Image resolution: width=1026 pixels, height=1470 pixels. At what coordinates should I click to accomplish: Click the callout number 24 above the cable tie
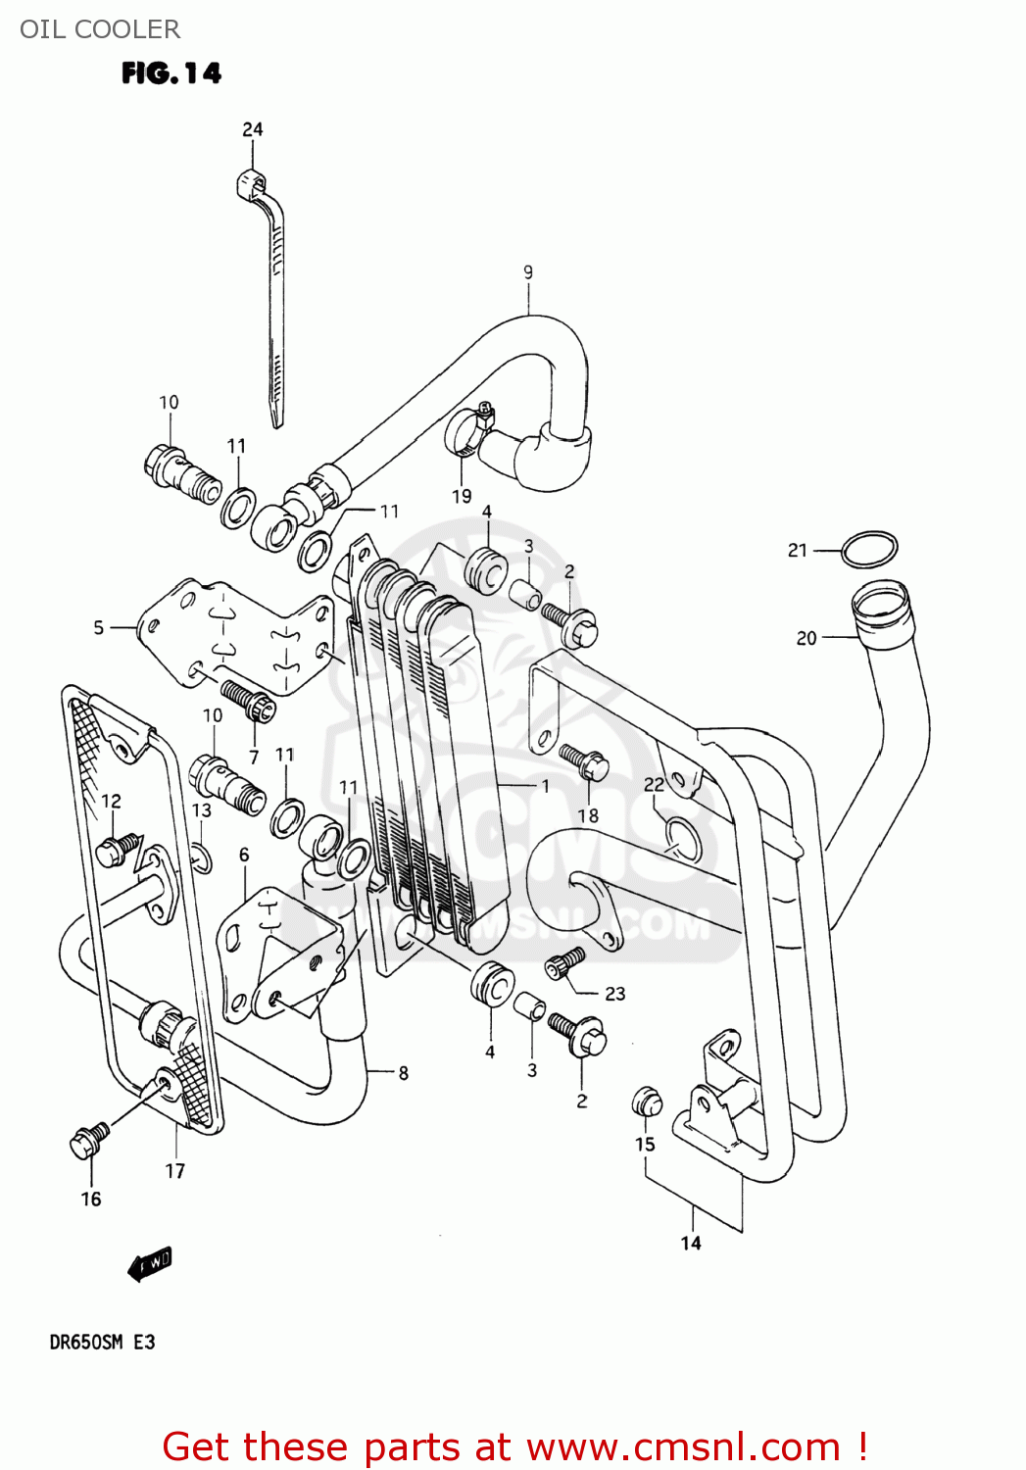[253, 129]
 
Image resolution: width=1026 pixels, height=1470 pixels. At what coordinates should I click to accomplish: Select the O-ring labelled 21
[869, 550]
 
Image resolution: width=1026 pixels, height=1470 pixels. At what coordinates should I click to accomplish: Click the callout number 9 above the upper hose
[528, 272]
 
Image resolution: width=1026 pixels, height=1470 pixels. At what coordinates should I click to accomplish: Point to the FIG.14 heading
[171, 73]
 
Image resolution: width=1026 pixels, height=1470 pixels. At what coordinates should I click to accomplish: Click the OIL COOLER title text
[100, 29]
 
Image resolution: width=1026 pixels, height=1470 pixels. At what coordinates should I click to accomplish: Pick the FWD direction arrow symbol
[150, 1263]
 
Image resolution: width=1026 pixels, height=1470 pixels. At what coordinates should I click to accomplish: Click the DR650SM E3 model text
[102, 1342]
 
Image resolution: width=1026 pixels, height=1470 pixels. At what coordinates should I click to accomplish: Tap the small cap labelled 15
[646, 1102]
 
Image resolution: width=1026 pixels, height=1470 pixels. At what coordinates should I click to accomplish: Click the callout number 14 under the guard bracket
[691, 1243]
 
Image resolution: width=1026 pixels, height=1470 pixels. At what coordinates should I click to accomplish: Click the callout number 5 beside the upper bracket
[98, 627]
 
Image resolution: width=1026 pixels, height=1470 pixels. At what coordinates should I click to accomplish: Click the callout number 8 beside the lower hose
[403, 1073]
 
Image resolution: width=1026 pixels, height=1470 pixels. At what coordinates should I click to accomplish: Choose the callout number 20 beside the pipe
[806, 638]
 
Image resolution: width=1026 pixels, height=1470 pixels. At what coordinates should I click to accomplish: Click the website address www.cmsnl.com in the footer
[683, 1447]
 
